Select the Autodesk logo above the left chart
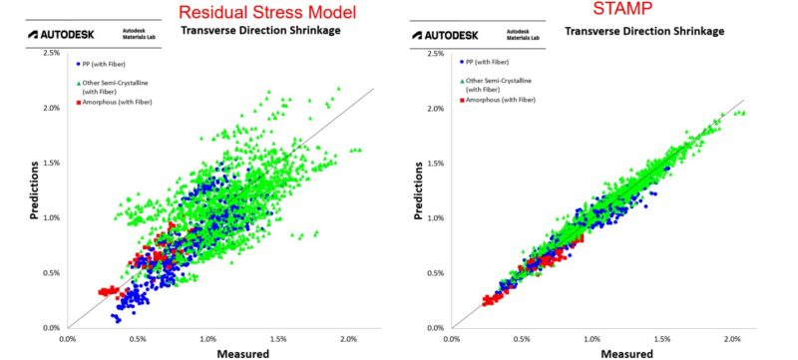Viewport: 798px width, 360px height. point(62,34)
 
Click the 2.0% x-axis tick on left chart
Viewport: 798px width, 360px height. point(349,338)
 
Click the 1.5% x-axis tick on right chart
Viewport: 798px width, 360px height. point(663,338)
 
